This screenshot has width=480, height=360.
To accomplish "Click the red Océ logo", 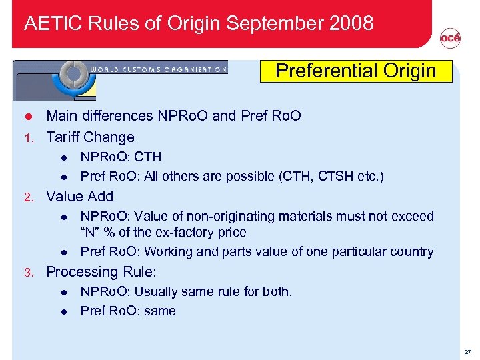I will (x=450, y=39).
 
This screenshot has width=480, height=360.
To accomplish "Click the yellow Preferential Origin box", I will (x=355, y=71).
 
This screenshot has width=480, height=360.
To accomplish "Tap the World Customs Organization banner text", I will (x=158, y=68).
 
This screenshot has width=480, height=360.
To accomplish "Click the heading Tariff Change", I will (x=90, y=137).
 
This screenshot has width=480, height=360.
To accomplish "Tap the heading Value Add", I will (x=79, y=197).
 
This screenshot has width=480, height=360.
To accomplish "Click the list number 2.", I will (x=28, y=197).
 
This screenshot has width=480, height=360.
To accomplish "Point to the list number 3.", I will (x=28, y=273).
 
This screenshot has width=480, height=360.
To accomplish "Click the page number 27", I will (x=467, y=351).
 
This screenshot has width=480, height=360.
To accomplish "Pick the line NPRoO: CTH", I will (x=121, y=157).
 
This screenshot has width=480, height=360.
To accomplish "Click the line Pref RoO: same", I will (x=128, y=311).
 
